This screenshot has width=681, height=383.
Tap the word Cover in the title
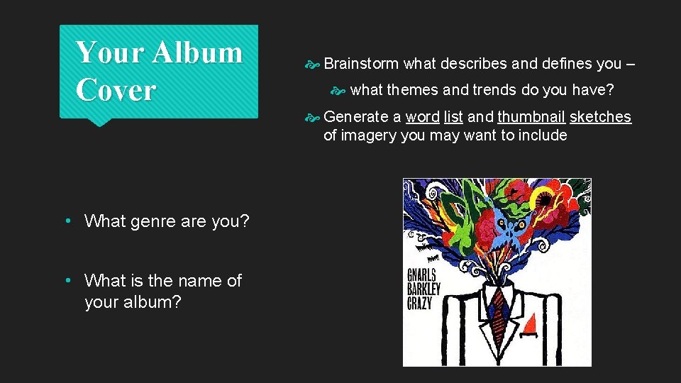[x=115, y=90]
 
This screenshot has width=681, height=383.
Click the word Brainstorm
[x=361, y=64]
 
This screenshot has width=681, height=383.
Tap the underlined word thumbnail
[x=531, y=117]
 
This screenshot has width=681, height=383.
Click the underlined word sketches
[x=600, y=117]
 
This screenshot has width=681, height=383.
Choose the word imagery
[x=369, y=135]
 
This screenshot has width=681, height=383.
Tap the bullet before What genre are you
[x=68, y=221]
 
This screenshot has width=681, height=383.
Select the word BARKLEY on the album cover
[x=424, y=289]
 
